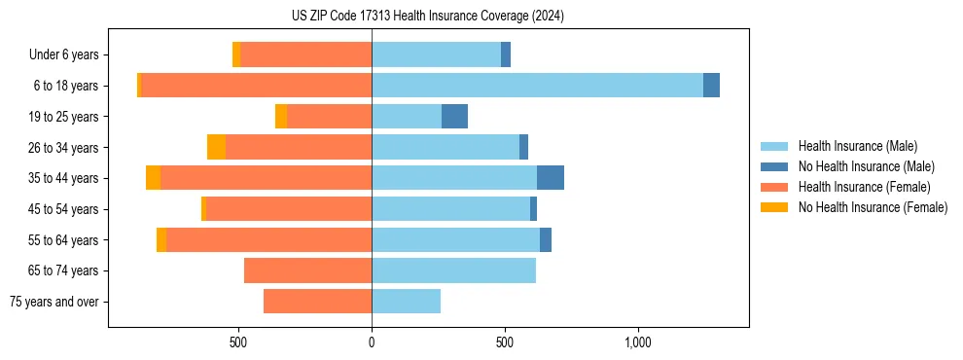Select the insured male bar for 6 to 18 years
pyautogui.click(x=537, y=86)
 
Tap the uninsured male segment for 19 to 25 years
pyautogui.click(x=454, y=117)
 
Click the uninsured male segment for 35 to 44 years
pyautogui.click(x=550, y=178)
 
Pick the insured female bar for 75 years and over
pyautogui.click(x=317, y=302)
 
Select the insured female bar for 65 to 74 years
pyautogui.click(x=307, y=270)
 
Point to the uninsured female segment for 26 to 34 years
pyautogui.click(x=216, y=147)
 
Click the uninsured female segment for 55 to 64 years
pyautogui.click(x=161, y=239)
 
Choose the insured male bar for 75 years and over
pyautogui.click(x=406, y=302)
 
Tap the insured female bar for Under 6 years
pyautogui.click(x=305, y=54)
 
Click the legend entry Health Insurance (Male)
pyautogui.click(x=857, y=146)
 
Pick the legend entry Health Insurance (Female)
pyautogui.click(x=864, y=187)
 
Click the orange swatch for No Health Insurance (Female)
pyautogui.click(x=774, y=207)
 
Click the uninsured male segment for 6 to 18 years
pyautogui.click(x=711, y=86)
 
